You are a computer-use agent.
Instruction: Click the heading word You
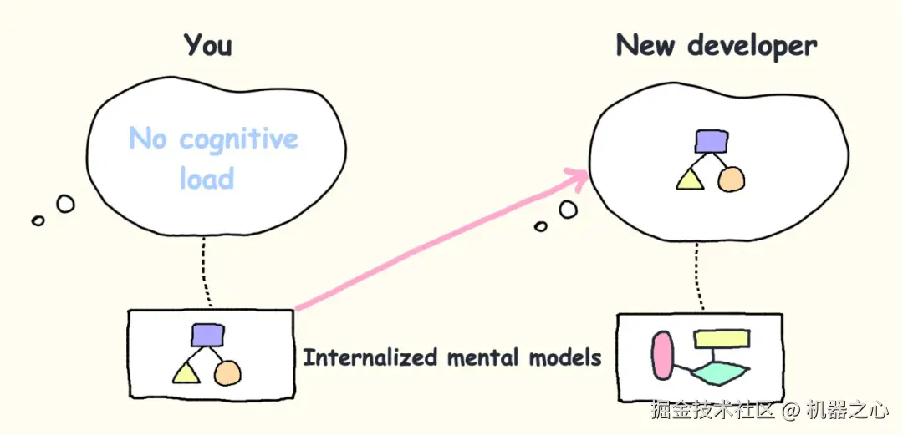coord(207,44)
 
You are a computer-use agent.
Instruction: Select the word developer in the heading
coord(752,47)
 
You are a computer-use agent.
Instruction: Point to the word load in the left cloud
coord(206,178)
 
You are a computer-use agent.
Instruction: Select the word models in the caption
coord(565,358)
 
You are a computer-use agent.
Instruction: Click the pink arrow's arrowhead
coord(577,176)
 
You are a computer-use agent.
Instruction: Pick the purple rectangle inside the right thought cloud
coord(712,141)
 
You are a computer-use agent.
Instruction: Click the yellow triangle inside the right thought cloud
coord(689,179)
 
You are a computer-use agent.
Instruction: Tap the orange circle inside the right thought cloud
coord(731,179)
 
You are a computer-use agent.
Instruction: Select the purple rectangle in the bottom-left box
coord(207,335)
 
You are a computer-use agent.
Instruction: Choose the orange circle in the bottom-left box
coord(227,372)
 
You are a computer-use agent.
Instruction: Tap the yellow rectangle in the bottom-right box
coord(721,339)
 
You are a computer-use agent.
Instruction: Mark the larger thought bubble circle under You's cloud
coord(64,203)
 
